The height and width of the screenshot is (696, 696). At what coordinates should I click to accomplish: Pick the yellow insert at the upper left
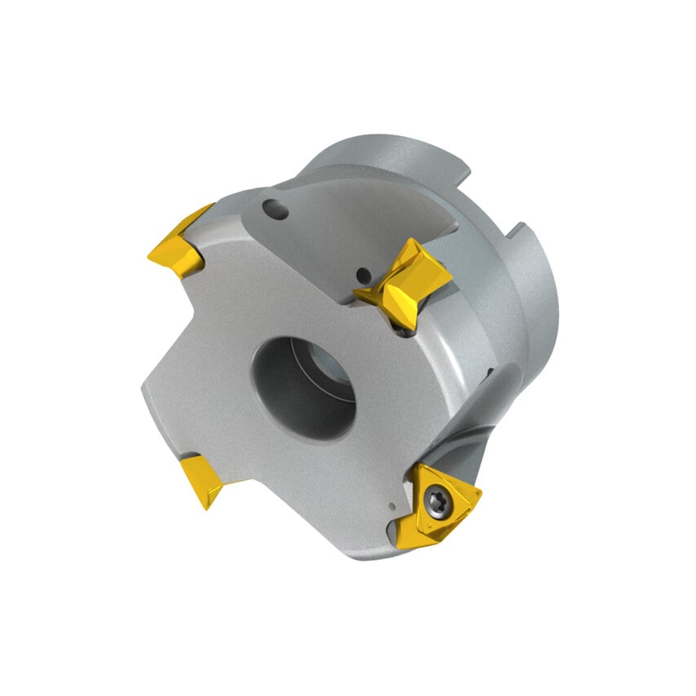pos(178,245)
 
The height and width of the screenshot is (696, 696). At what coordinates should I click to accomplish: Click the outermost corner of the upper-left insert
pos(150,254)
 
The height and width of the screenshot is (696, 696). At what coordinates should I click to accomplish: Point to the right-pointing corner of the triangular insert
pos(480,492)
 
